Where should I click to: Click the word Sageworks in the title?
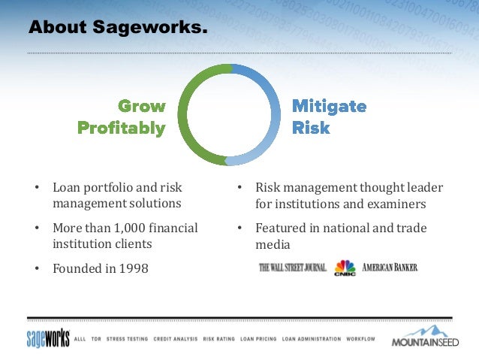point(150,27)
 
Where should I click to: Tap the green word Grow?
point(142,106)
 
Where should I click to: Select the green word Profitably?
point(122,129)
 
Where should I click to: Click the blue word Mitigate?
point(330,107)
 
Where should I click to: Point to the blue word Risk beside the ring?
point(311,128)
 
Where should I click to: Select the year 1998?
point(134,268)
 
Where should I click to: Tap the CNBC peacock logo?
point(345,268)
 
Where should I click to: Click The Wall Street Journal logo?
point(293,268)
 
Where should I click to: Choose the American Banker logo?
point(390,268)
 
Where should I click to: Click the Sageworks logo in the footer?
point(48,338)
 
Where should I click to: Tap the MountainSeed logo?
point(425,336)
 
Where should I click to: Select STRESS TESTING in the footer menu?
point(127,339)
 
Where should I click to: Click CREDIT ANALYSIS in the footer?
point(176,339)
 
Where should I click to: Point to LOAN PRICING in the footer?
point(258,339)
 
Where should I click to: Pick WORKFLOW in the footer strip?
point(361,339)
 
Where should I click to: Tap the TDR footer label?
point(96,339)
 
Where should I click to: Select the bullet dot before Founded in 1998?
point(37,268)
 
